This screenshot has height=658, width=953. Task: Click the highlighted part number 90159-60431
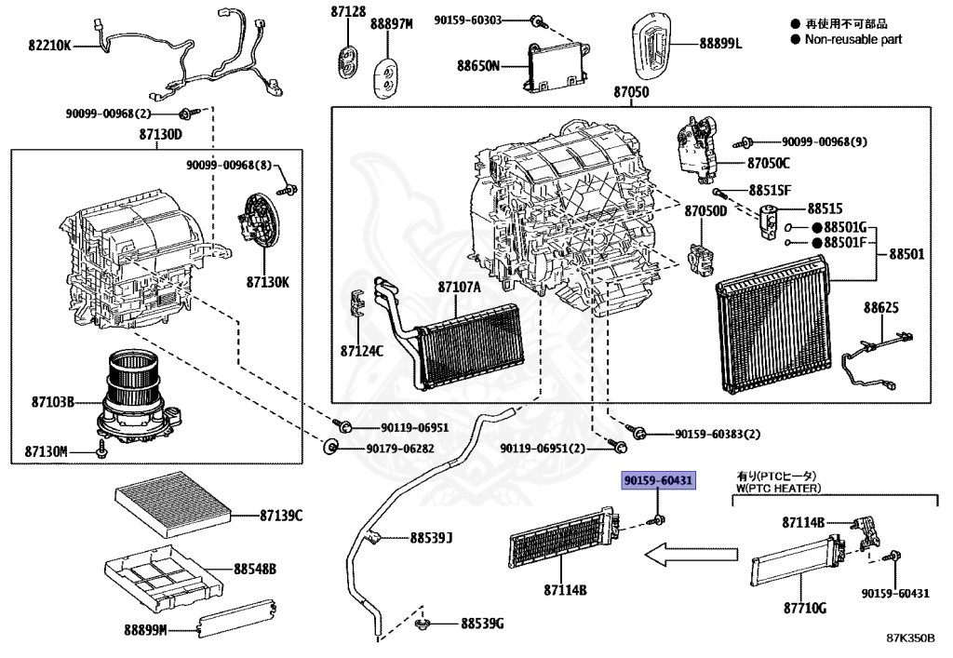[x=659, y=480]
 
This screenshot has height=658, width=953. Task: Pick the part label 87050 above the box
[x=631, y=93]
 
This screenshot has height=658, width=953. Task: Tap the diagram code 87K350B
[x=910, y=639]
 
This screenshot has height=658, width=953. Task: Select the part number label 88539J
[x=431, y=538]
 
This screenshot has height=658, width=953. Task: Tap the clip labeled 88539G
[x=425, y=622]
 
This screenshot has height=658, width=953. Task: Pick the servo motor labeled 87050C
[x=696, y=149]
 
